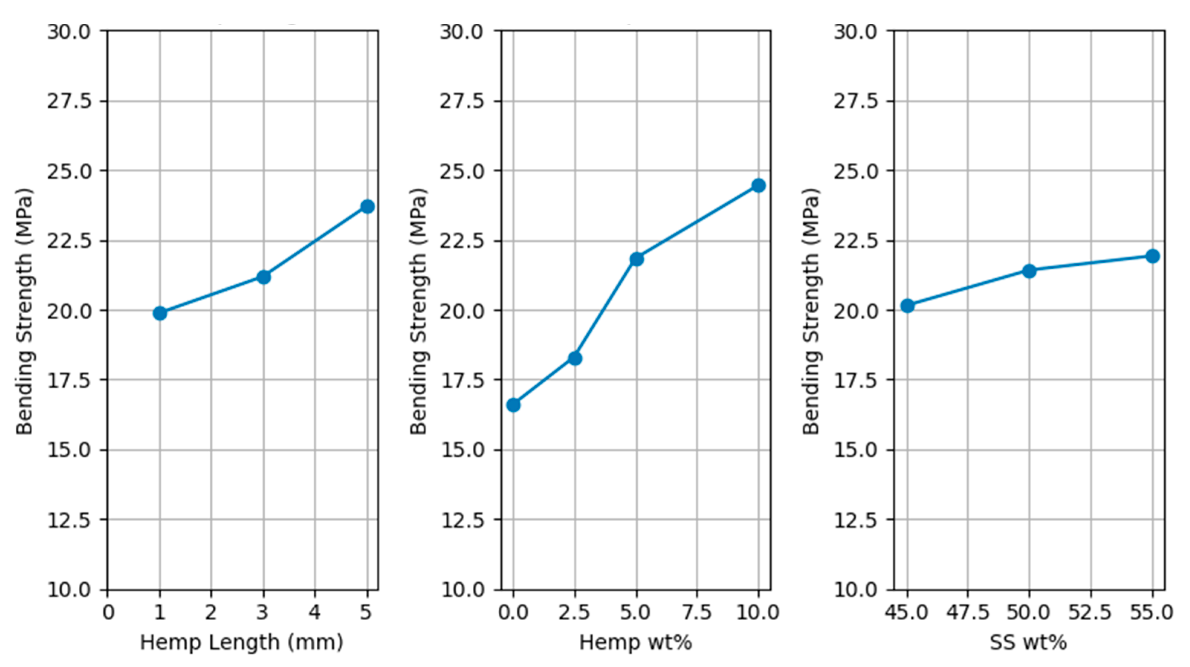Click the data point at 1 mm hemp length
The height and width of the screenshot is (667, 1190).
(160, 313)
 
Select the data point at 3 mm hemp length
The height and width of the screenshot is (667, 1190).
(263, 277)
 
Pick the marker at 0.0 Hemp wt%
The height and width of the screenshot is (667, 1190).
(513, 405)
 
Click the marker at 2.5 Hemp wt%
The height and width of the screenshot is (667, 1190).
(575, 358)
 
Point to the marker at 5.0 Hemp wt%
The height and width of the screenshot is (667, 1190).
(637, 259)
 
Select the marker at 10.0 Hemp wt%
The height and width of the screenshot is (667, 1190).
(759, 186)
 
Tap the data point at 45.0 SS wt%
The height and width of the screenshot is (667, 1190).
(907, 306)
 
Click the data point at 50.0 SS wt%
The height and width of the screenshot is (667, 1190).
(1029, 271)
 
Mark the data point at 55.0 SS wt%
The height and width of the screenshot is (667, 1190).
(1152, 256)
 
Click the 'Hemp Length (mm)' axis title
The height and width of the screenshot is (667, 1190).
(242, 642)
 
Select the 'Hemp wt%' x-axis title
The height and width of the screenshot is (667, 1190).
(636, 642)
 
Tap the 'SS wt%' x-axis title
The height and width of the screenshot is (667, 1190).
(1028, 642)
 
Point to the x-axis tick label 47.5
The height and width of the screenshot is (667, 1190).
(968, 612)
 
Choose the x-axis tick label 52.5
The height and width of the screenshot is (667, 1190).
(1091, 612)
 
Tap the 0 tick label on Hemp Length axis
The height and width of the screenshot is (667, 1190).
(108, 612)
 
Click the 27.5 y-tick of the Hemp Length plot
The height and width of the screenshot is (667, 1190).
(69, 101)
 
